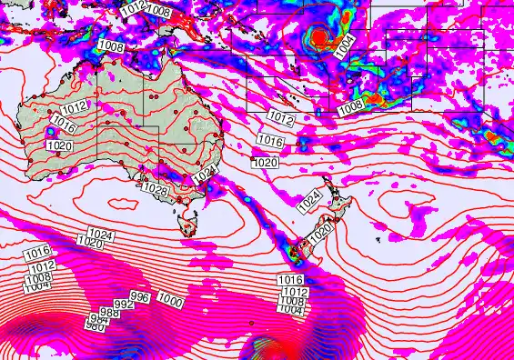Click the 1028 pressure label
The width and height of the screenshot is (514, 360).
coord(156,188)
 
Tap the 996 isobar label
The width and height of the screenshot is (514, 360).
coord(140,297)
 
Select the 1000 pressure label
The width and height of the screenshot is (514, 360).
coord(170,301)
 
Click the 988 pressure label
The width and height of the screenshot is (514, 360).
coord(109,312)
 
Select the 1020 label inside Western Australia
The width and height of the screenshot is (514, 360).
coord(59,145)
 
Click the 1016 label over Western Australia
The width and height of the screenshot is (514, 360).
coord(63,121)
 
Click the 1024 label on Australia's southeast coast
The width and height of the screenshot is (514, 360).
coord(205,173)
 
